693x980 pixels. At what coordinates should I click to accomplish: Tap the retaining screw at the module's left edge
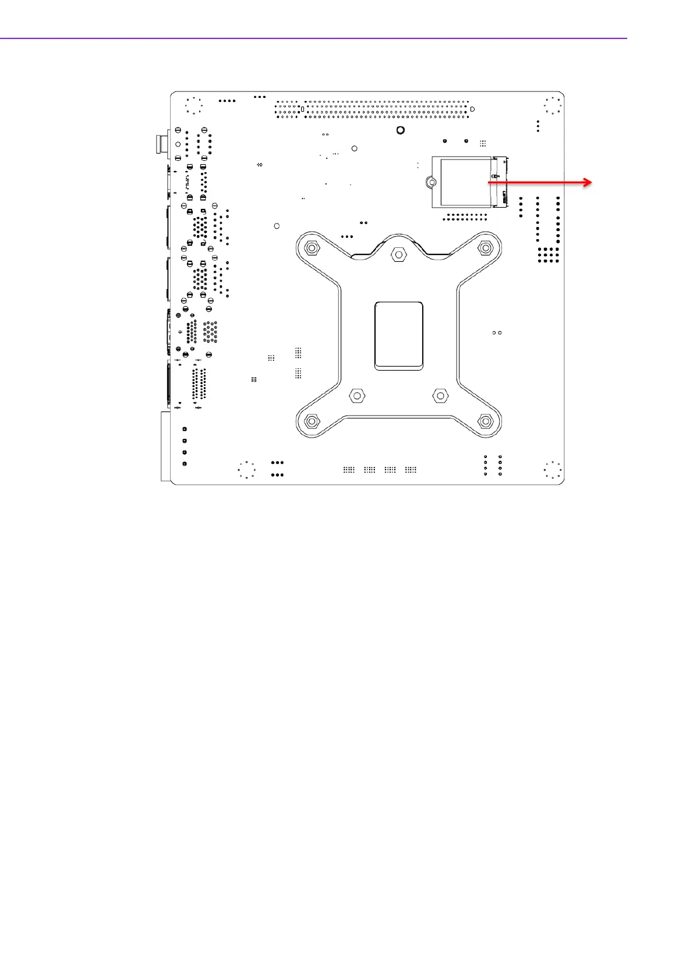point(430,182)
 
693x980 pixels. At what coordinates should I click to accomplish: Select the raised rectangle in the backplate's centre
point(399,335)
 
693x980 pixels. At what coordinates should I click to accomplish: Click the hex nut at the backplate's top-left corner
point(312,248)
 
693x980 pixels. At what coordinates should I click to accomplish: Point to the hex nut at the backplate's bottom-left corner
point(312,421)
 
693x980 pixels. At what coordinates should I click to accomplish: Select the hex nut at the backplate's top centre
point(399,254)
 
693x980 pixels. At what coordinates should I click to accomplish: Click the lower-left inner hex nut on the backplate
point(356,396)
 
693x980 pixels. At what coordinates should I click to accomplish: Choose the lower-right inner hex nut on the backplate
point(440,396)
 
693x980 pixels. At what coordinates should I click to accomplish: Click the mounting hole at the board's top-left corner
point(193,106)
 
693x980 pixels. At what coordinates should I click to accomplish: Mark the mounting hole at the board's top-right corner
point(553,106)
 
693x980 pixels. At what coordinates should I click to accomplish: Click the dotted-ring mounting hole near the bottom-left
point(247,470)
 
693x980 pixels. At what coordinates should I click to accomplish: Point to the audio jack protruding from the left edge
point(159,144)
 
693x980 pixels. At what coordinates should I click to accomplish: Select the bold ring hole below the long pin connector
point(400,130)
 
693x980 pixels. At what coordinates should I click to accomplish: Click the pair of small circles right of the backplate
point(497,333)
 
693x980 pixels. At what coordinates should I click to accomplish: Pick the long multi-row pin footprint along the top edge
point(373,109)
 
